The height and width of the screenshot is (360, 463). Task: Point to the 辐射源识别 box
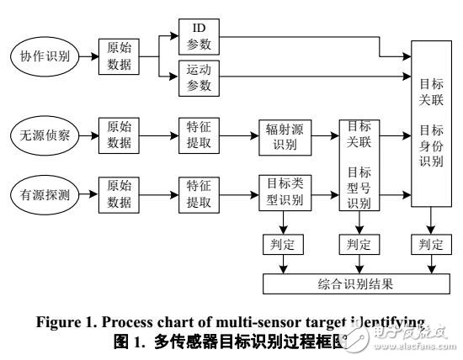284,136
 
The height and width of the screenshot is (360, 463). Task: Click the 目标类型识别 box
284,193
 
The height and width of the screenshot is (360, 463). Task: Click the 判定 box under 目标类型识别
284,246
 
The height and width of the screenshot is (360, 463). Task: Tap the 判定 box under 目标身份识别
430,246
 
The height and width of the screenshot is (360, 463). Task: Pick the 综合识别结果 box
358,284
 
